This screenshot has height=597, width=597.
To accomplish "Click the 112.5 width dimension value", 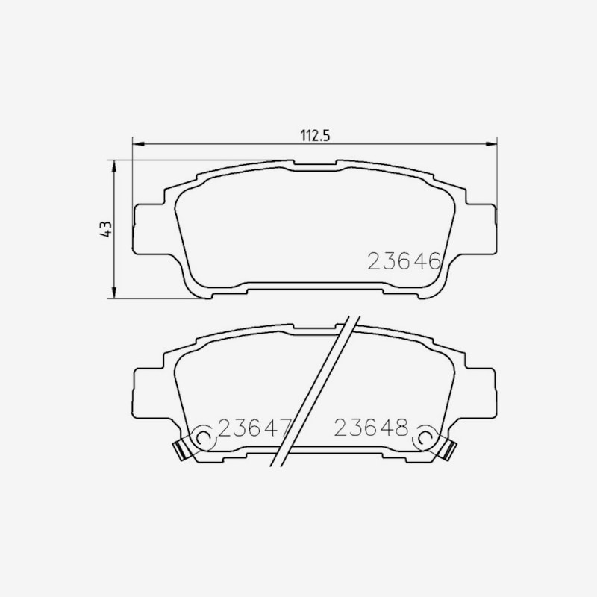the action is tap(315, 135).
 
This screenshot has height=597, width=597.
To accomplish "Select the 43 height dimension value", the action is tap(105, 229).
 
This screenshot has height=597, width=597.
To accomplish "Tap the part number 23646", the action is tap(404, 260).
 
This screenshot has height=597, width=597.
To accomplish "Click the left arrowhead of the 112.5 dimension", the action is tap(139, 144).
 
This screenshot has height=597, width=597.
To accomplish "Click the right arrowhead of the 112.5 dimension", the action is tap(491, 144).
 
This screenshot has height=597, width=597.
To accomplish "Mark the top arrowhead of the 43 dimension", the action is tap(113, 166).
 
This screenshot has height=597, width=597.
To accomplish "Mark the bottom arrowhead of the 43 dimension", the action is tap(113, 293).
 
